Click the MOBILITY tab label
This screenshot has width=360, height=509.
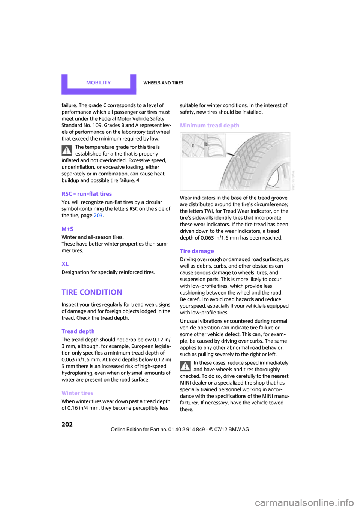click(98, 83)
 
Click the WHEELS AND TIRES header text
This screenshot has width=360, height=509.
click(163, 83)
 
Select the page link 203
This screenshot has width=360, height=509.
click(98, 216)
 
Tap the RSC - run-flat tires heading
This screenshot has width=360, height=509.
click(87, 194)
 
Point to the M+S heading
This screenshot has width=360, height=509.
click(67, 229)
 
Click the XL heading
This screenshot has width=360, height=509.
click(65, 264)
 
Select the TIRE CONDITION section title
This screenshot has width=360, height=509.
click(92, 292)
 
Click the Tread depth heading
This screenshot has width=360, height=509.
click(78, 331)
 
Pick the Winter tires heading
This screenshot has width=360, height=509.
click(77, 393)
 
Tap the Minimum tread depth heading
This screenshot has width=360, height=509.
click(210, 126)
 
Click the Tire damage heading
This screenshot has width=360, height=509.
click(197, 251)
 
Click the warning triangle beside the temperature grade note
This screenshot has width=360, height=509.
click(67, 151)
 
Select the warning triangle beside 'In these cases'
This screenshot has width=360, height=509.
click(185, 366)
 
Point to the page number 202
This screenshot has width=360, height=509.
click(67, 424)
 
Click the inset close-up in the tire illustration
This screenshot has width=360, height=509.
click(204, 145)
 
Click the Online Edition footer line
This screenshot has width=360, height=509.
click(180, 430)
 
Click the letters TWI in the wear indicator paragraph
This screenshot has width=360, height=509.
click(208, 211)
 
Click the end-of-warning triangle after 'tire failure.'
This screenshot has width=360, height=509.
click(138, 181)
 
